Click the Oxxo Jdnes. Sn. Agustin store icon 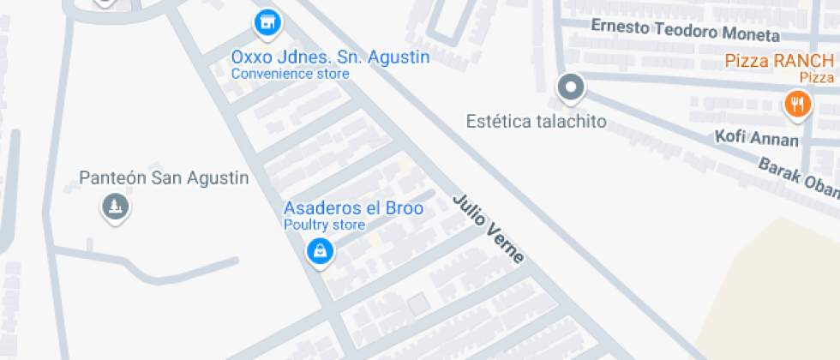pyautogui.click(x=267, y=22)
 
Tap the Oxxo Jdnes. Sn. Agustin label pyautogui.click(x=330, y=57)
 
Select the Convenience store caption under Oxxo pyautogui.click(x=291, y=75)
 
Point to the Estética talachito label pyautogui.click(x=536, y=121)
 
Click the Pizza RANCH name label pyautogui.click(x=779, y=61)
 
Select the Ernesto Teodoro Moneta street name pyautogui.click(x=686, y=30)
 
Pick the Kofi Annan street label pyautogui.click(x=757, y=138)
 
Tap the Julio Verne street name pyautogui.click(x=487, y=229)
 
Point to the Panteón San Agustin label pyautogui.click(x=164, y=178)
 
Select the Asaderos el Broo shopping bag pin pyautogui.click(x=320, y=251)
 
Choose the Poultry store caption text pyautogui.click(x=325, y=225)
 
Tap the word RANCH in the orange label pyautogui.click(x=801, y=61)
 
